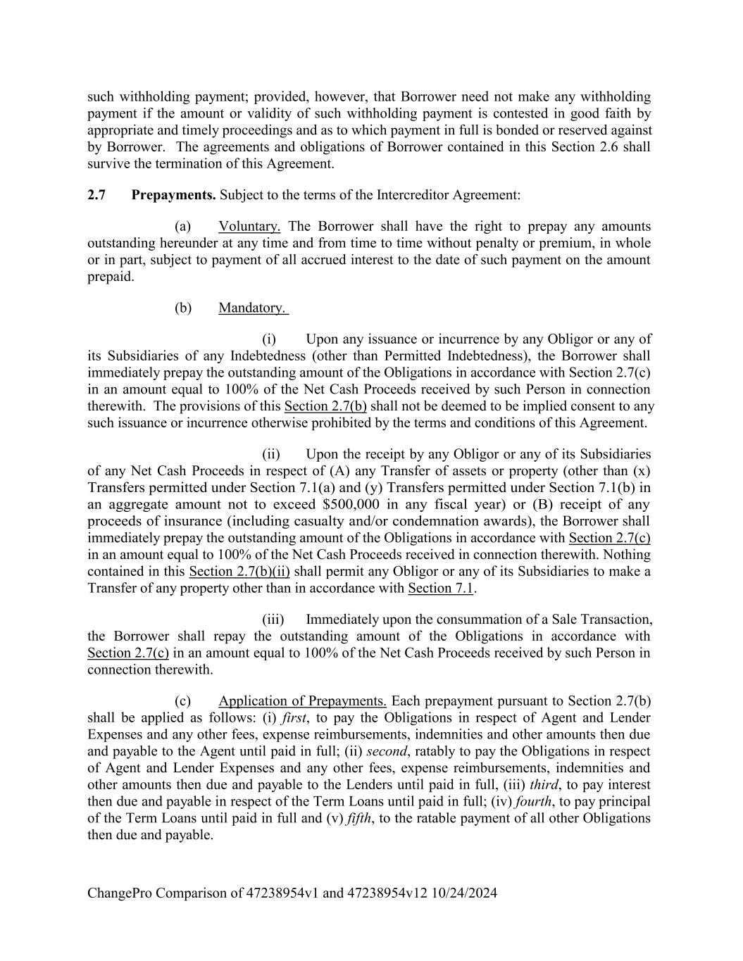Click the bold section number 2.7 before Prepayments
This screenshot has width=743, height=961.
pyautogui.click(x=96, y=195)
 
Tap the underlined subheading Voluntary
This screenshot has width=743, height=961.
pyautogui.click(x=249, y=227)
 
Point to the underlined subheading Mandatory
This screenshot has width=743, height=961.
pyautogui.click(x=253, y=308)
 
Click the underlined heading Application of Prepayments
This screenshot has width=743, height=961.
pyautogui.click(x=302, y=701)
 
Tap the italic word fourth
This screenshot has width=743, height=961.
pyautogui.click(x=533, y=802)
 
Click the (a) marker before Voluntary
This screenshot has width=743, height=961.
pyautogui.click(x=183, y=227)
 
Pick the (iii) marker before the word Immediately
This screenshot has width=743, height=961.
pyautogui.click(x=273, y=620)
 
